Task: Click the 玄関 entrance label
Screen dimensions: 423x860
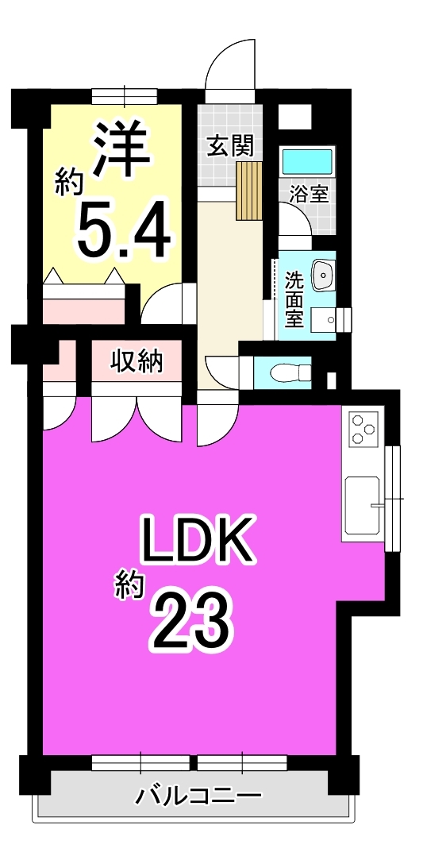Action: (x=230, y=146)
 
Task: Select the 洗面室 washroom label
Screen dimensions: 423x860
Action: (x=294, y=300)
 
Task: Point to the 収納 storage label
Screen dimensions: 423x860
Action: (x=137, y=361)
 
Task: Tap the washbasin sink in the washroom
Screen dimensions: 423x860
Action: (x=323, y=275)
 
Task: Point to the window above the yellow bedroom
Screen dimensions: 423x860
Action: (x=125, y=96)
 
